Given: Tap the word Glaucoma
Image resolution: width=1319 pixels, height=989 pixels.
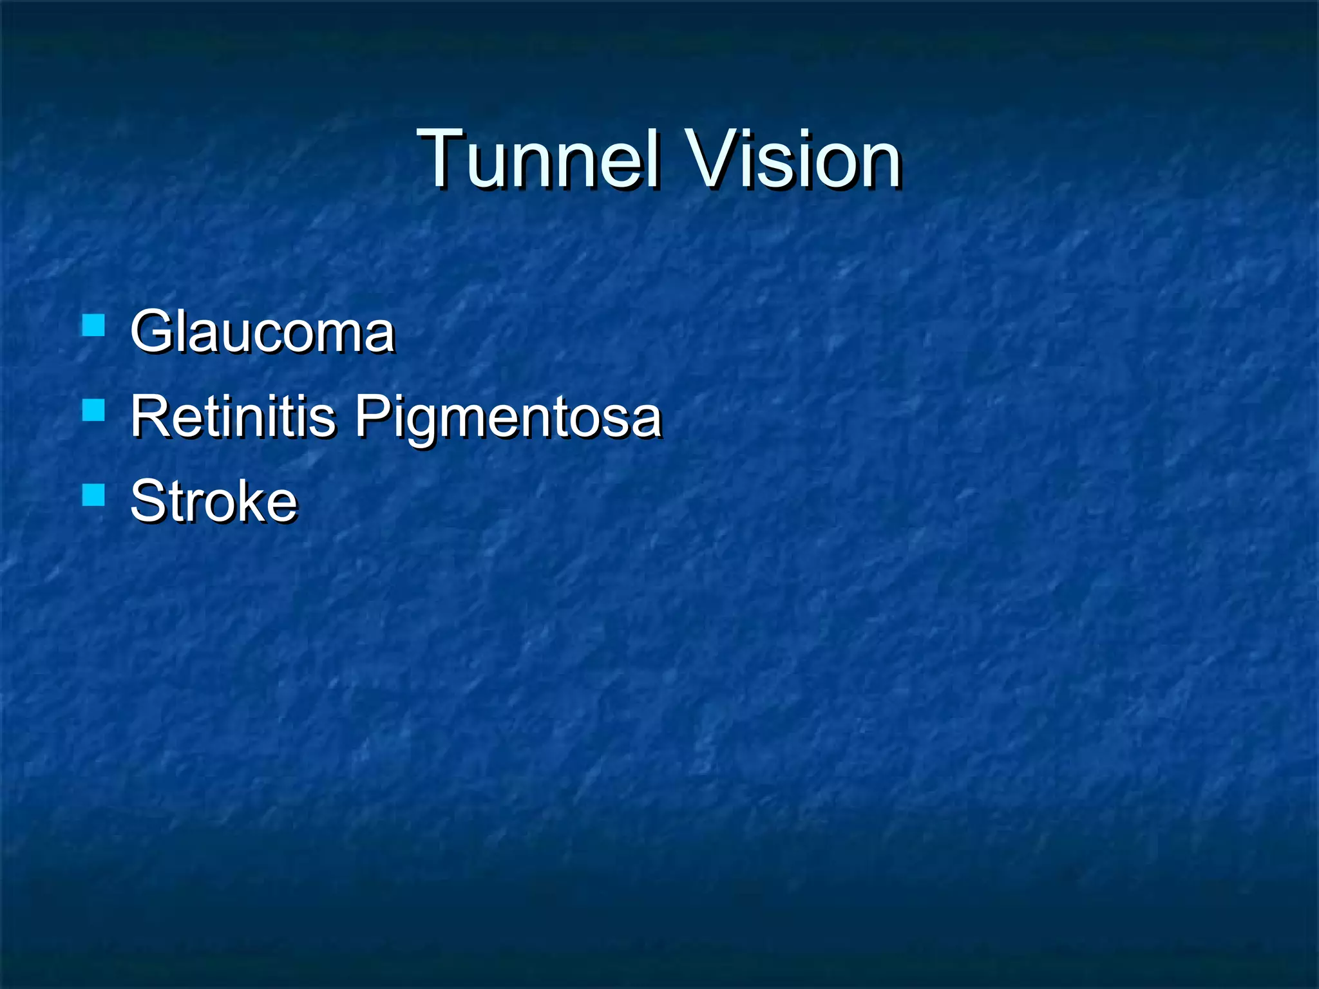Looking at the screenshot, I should coord(262,332).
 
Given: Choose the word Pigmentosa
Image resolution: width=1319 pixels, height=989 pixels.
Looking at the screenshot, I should coord(508,417).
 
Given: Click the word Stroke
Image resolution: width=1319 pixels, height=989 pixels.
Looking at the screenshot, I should coord(214,501).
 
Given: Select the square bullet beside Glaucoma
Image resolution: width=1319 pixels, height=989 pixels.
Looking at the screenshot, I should coord(94,326).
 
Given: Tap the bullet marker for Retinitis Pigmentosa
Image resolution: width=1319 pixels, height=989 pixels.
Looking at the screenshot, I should coord(94,410).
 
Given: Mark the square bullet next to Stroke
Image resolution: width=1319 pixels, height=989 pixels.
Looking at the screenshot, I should coord(94,495).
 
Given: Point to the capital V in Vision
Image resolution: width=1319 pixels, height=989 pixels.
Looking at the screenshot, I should coord(712,158).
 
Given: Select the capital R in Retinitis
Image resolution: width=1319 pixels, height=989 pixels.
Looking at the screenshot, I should coord(151,416).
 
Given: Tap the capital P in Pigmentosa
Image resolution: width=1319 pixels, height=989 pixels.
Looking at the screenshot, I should coord(375,416).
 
